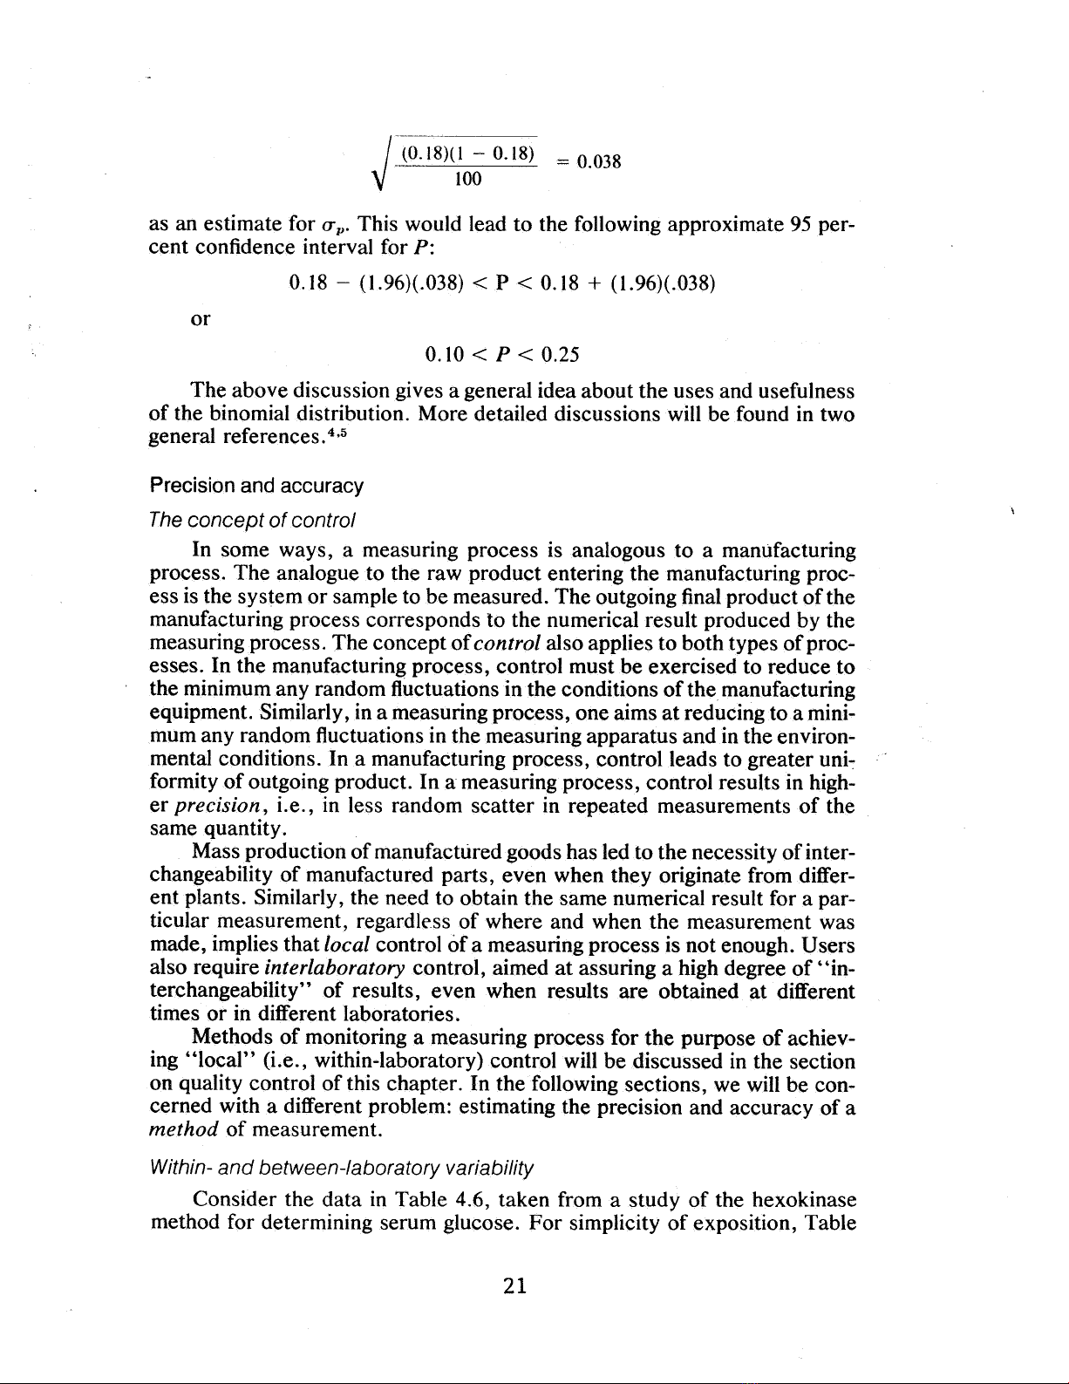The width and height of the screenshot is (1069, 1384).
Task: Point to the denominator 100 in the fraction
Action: pos(467,181)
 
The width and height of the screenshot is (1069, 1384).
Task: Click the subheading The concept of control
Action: pos(238,521)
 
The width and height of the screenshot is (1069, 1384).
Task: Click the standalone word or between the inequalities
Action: pos(200,319)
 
